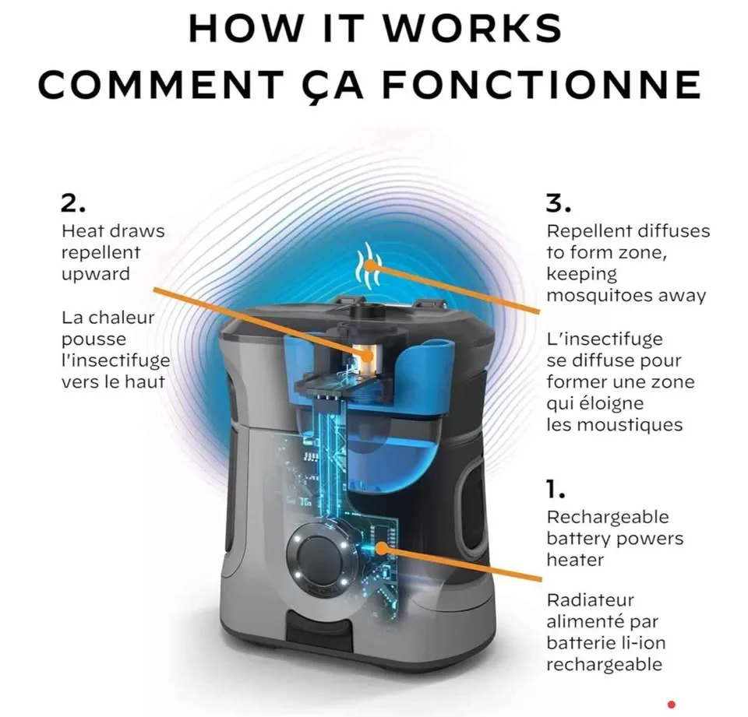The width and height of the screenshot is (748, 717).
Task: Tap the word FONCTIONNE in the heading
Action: pos(542,84)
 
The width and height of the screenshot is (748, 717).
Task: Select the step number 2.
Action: pos(73,203)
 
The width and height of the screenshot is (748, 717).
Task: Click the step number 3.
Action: pos(558,203)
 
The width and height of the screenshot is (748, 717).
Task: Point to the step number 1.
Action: pos(556,490)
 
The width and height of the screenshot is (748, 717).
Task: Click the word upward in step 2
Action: pos(95,275)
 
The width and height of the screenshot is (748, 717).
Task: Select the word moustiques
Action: pos(638,425)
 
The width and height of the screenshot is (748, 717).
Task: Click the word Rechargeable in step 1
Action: pos(608,518)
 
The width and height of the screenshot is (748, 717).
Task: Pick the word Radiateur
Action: pos(590,599)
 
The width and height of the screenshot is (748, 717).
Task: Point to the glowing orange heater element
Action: pos(367,355)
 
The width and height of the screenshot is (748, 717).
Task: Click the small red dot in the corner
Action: pos(672,704)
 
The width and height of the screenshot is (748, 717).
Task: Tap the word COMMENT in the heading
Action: pos(161,84)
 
